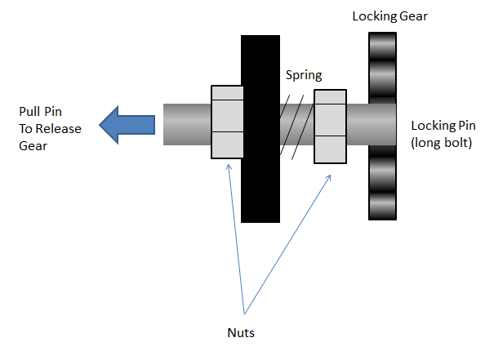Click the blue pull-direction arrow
click(127, 125)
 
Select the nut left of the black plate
click(227, 122)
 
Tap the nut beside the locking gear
click(331, 127)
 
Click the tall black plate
click(260, 129)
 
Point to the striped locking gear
click(382, 127)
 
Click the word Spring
click(304, 75)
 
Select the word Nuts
click(241, 333)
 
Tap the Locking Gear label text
click(389, 16)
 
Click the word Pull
click(29, 111)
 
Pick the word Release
click(59, 129)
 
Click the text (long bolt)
click(442, 143)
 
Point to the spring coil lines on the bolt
click(296, 127)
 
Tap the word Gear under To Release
click(33, 145)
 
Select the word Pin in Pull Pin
click(53, 111)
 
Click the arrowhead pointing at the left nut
click(229, 167)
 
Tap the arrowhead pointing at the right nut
click(329, 177)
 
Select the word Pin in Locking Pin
click(467, 125)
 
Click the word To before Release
click(25, 129)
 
